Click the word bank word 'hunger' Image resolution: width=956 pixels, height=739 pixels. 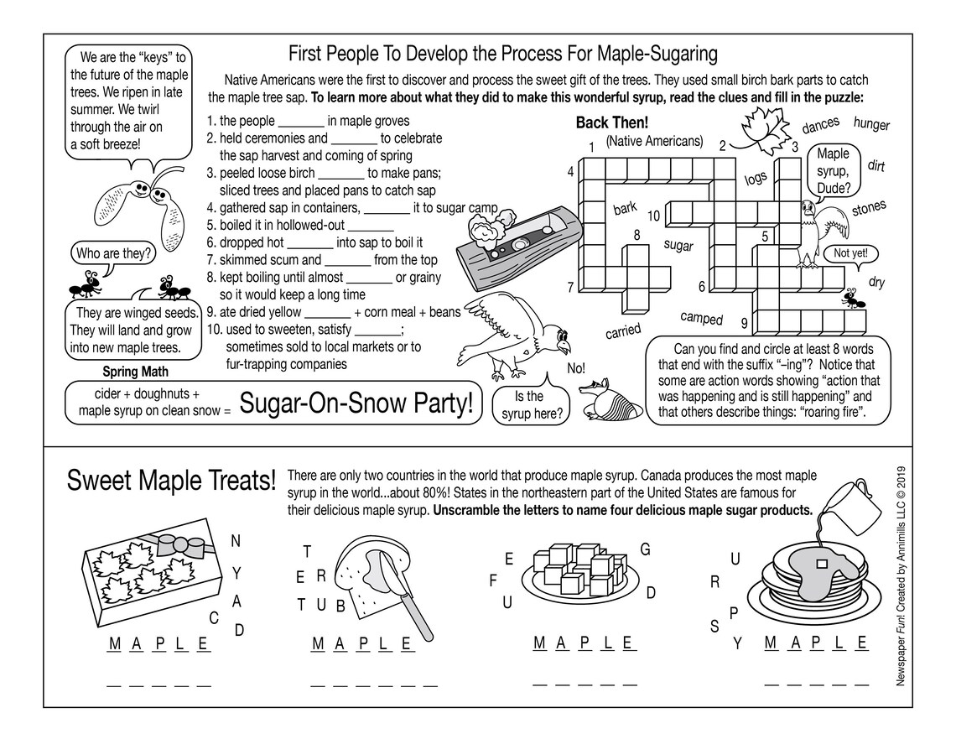[x=871, y=125]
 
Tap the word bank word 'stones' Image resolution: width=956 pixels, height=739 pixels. [x=869, y=209]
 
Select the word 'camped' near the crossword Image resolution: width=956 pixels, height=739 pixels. [x=701, y=318]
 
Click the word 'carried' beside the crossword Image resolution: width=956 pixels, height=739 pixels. [x=622, y=330]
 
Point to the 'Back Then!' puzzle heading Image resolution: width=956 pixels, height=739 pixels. [x=611, y=122]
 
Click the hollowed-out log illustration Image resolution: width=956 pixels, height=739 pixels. [x=517, y=243]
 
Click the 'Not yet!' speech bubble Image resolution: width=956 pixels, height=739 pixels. [x=851, y=252]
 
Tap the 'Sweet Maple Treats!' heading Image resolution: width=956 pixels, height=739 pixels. [x=171, y=481]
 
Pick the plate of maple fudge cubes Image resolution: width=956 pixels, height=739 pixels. [x=579, y=570]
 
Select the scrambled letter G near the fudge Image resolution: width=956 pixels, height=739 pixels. [x=645, y=549]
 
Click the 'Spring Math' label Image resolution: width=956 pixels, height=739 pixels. [x=135, y=371]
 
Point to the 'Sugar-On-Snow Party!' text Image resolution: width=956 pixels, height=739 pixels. [x=357, y=403]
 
